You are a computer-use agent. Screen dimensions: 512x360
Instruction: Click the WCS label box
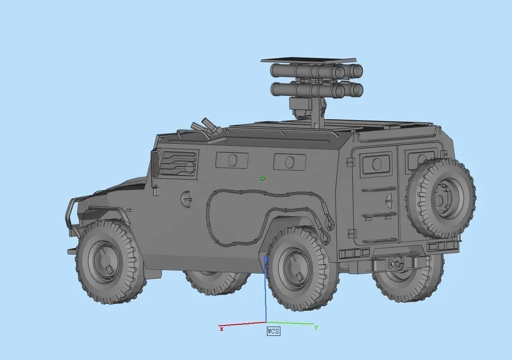pyautogui.click(x=273, y=331)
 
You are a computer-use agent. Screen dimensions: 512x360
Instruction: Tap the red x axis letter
pyautogui.click(x=222, y=329)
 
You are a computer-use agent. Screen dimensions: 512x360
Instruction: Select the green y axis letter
pyautogui.click(x=316, y=327)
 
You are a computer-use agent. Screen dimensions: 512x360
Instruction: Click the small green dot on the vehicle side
pyautogui.click(x=263, y=179)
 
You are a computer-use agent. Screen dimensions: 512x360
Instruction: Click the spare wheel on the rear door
pyautogui.click(x=441, y=199)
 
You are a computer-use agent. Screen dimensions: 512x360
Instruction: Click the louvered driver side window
pyautogui.click(x=178, y=163)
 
